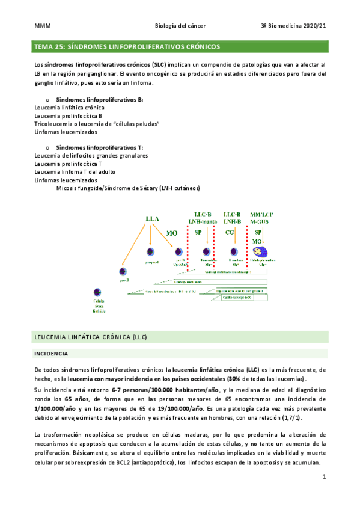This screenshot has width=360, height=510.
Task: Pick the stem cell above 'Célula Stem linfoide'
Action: (x=98, y=292)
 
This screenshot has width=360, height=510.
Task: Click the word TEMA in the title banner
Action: (x=44, y=46)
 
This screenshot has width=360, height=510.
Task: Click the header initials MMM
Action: (x=41, y=26)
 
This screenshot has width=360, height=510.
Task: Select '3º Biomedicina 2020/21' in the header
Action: (x=293, y=26)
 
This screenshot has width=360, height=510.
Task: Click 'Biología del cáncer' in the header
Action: (x=180, y=26)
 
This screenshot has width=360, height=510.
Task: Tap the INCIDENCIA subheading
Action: (x=52, y=354)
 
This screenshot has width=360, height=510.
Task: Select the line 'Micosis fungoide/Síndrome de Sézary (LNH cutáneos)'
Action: (x=127, y=188)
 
